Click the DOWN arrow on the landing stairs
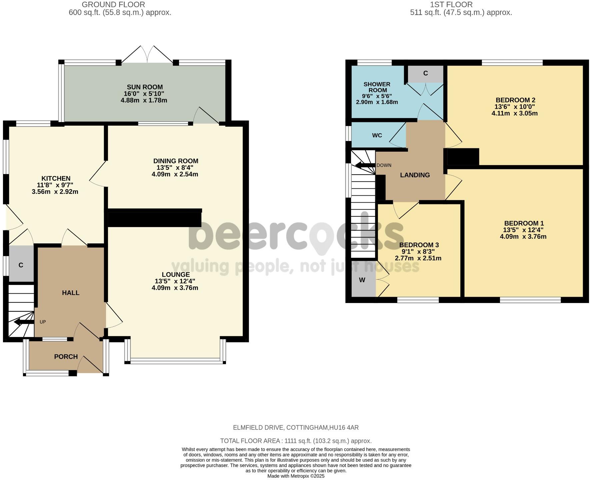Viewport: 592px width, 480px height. (x=365, y=165)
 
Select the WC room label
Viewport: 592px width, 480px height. (x=377, y=135)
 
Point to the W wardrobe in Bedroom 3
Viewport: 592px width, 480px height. (x=362, y=280)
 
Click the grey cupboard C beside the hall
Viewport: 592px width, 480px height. (x=21, y=265)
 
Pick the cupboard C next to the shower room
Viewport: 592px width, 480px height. (x=425, y=73)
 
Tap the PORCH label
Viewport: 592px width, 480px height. (x=66, y=357)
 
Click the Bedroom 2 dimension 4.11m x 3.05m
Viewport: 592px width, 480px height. (x=515, y=113)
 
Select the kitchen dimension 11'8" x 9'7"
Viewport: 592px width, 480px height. (x=55, y=185)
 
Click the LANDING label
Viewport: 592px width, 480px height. (x=415, y=175)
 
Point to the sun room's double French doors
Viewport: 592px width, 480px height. (x=147, y=55)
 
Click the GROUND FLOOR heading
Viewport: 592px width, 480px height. (x=113, y=5)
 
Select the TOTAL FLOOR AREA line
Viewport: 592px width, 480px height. (x=296, y=441)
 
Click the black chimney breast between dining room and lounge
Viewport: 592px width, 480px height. (x=155, y=219)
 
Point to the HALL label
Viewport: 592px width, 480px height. (x=71, y=293)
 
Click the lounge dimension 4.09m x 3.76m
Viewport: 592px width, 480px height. (x=175, y=288)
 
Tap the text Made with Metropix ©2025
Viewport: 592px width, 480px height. (x=296, y=476)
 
